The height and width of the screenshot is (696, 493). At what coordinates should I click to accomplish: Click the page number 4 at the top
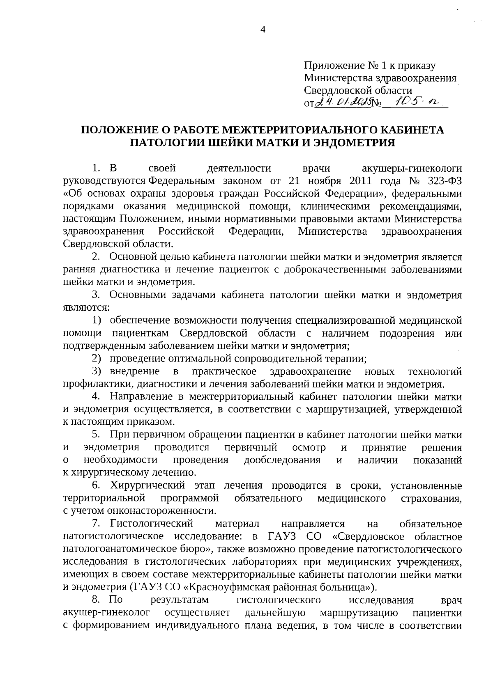tap(263, 29)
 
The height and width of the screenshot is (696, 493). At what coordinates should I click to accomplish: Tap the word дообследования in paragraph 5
tap(282, 460)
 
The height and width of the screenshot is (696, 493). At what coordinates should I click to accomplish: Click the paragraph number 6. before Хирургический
tap(96, 486)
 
